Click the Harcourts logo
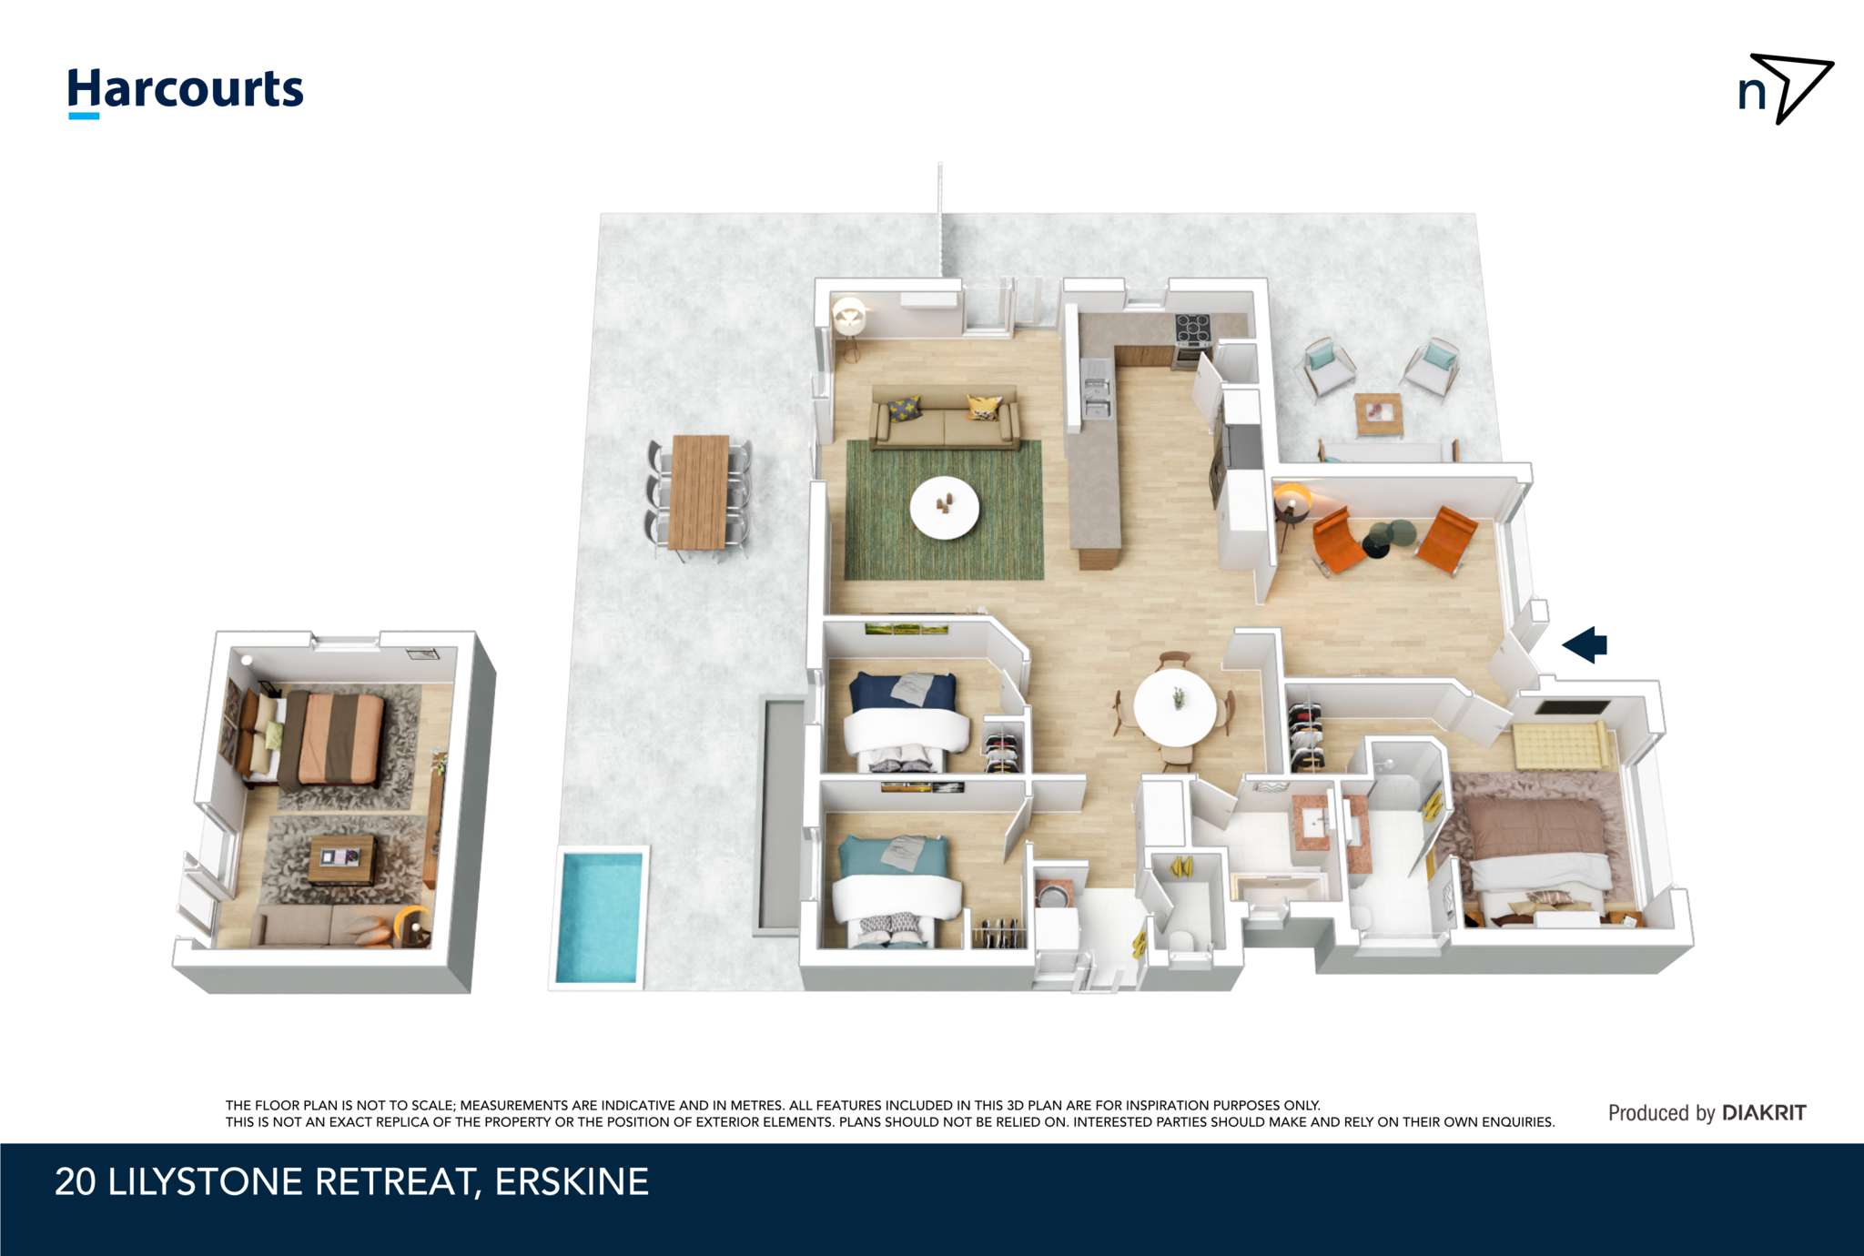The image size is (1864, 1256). pos(186,91)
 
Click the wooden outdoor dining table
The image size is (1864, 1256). pos(699,491)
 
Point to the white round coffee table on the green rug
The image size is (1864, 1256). pos(945,508)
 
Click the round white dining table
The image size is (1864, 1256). pos(1175,707)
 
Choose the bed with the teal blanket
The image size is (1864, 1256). pos(897,881)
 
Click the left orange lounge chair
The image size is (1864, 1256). pos(1336,541)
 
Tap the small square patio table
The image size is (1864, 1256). pos(1378,414)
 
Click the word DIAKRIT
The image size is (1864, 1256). pos(1764,1112)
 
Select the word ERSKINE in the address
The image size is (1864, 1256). pos(572,1182)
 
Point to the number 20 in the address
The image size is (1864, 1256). pos(75,1182)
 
